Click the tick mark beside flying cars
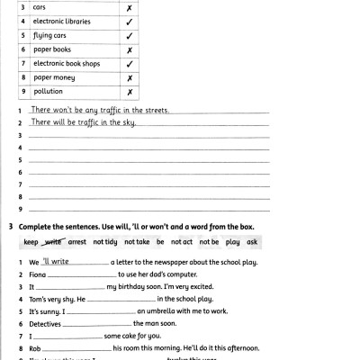point(130,35)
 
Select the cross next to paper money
point(130,78)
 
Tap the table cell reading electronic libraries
point(61,21)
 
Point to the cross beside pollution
point(130,93)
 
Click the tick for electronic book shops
point(130,64)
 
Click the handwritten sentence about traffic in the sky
point(83,121)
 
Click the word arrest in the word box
point(78,242)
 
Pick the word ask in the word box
point(252,242)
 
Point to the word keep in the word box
point(31,242)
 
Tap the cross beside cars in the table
point(130,6)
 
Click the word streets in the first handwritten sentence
point(151,110)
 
